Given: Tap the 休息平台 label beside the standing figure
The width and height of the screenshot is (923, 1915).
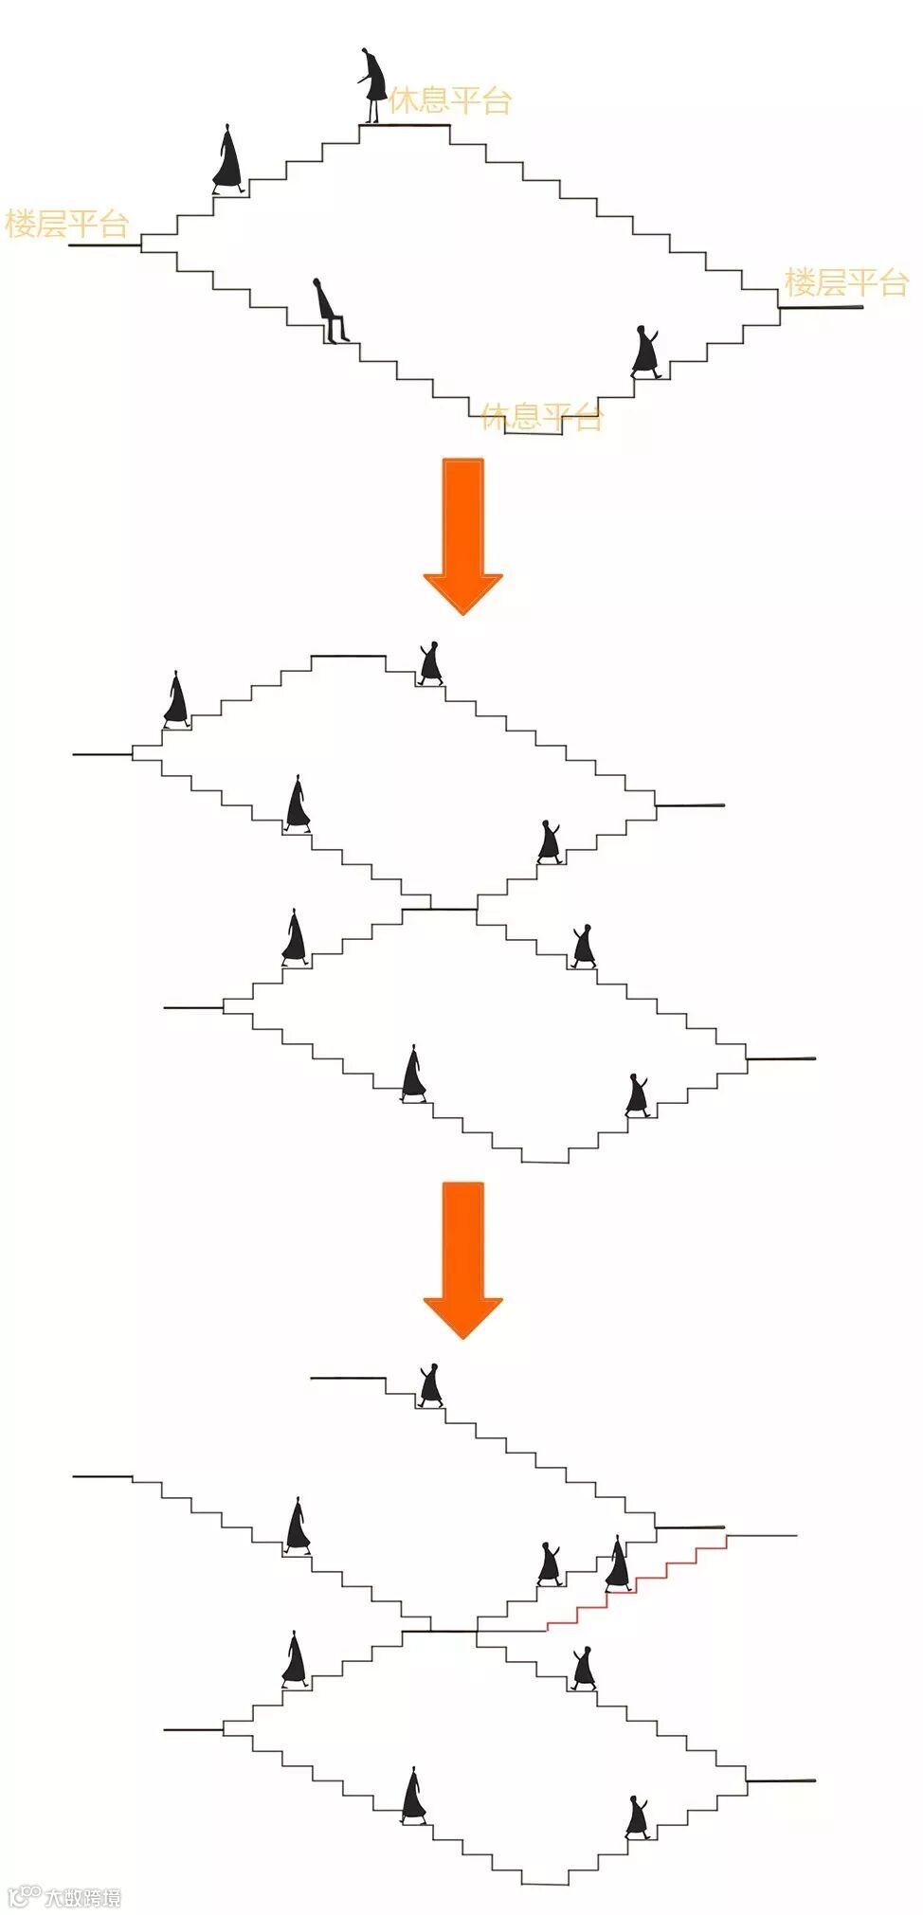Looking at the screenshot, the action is (451, 100).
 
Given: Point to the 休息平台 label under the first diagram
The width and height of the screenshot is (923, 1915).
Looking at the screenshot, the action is (541, 417).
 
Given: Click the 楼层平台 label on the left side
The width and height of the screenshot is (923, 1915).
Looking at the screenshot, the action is (66, 225).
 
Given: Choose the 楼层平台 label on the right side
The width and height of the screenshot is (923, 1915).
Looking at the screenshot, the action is (845, 282).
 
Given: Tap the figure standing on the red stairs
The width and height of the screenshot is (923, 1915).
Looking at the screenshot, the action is (618, 1564).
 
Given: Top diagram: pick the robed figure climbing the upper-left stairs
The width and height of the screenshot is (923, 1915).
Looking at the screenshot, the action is (227, 159).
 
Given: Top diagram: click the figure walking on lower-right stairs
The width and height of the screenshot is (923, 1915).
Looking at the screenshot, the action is (647, 352).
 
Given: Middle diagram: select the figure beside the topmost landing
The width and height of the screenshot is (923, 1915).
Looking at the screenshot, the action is (430, 663).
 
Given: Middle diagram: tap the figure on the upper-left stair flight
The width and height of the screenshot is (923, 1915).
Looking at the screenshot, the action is (176, 700).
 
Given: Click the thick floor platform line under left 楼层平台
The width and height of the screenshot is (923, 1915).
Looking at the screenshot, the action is (104, 245).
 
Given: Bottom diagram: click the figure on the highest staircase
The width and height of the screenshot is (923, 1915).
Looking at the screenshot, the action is (430, 1385).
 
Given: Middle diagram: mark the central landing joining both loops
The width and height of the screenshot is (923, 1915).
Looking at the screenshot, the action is (439, 910).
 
